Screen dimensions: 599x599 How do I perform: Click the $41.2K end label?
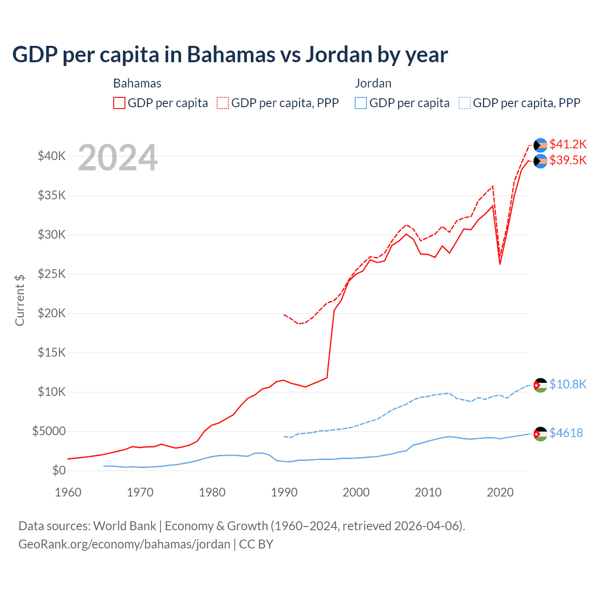coord(568,144)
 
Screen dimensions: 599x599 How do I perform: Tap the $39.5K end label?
coord(568,160)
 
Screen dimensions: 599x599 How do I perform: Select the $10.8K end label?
coord(568,384)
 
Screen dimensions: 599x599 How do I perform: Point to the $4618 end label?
coord(566,433)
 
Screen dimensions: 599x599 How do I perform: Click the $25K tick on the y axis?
coord(51,274)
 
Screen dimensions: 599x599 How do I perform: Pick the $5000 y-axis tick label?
coord(49,431)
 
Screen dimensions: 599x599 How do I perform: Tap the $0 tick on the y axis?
coord(58,470)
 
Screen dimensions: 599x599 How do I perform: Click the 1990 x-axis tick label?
coord(284,492)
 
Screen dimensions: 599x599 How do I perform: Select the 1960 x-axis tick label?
coord(68,492)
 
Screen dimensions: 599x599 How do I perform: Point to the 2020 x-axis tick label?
coord(500,492)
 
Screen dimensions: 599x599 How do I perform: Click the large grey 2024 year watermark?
coord(117,158)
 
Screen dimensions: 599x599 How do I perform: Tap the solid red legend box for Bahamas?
coord(119,103)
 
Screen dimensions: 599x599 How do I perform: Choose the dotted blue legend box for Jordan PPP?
coord(465,103)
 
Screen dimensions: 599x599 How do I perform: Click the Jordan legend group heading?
coord(373,83)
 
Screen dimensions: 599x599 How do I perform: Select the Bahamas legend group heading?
coord(137,83)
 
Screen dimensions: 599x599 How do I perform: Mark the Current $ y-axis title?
coord(20,300)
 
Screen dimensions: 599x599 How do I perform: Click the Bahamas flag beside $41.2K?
coord(541,145)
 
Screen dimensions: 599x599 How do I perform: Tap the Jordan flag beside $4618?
coord(541,434)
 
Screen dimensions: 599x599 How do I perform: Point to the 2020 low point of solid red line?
coord(500,264)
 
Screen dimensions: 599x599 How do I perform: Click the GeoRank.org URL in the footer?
coord(124,544)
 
